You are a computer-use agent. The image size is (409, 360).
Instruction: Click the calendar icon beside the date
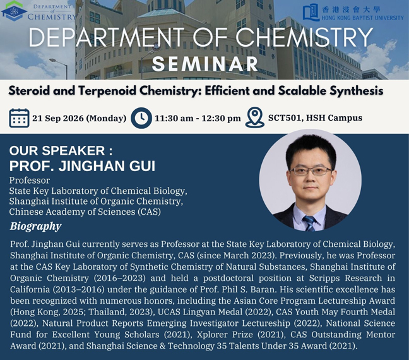click(19, 118)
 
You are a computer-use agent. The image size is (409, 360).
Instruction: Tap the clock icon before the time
click(141, 118)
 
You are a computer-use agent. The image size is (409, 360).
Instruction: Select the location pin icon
click(255, 117)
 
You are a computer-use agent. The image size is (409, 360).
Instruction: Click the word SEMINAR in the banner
click(205, 64)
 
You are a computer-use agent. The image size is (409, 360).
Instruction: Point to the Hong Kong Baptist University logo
click(353, 13)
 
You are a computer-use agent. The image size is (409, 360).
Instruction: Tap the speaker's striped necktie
click(309, 224)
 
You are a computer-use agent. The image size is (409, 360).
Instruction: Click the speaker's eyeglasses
click(311, 171)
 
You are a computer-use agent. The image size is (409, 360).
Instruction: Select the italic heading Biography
click(35, 226)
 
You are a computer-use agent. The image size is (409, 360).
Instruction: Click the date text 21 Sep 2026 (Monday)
click(80, 118)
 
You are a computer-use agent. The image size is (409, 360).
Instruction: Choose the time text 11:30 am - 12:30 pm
click(198, 119)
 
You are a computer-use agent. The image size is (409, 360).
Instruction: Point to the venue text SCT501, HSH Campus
click(315, 117)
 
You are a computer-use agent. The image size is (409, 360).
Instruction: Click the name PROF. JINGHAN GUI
click(82, 166)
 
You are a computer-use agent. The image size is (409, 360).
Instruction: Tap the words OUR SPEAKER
click(57, 150)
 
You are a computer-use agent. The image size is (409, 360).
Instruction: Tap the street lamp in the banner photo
click(58, 69)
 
